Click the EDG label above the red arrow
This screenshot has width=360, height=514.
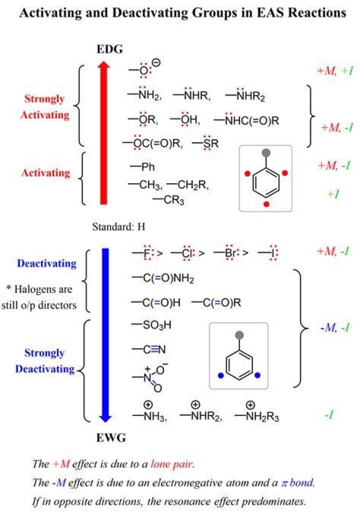(x=109, y=50)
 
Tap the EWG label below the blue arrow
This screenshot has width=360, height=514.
(x=110, y=437)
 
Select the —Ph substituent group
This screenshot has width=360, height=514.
(x=142, y=167)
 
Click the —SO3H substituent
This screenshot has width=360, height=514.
(x=151, y=325)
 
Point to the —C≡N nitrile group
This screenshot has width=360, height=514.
(x=148, y=349)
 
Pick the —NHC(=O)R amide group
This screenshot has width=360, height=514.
(x=246, y=120)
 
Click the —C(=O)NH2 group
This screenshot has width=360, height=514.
(x=163, y=278)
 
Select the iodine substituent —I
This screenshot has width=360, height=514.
(x=267, y=253)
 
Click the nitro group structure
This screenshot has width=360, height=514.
(x=149, y=378)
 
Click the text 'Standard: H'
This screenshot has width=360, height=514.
(x=118, y=227)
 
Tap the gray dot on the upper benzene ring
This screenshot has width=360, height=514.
(x=266, y=153)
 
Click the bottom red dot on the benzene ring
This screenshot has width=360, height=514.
(x=266, y=204)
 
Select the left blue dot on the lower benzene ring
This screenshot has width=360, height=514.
(x=221, y=375)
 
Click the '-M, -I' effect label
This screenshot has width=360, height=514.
(x=335, y=327)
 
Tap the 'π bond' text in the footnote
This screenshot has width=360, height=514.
(x=297, y=482)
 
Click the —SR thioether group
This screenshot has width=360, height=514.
(x=205, y=143)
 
